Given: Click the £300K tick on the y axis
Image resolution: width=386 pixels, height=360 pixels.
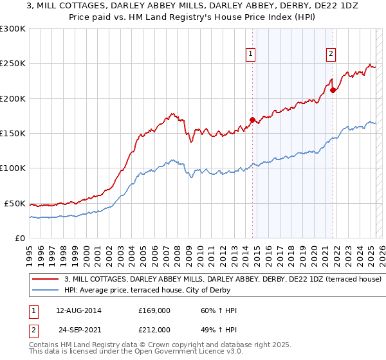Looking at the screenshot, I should click(x=13, y=29).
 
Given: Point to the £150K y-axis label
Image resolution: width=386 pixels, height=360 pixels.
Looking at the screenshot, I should click(x=13, y=134).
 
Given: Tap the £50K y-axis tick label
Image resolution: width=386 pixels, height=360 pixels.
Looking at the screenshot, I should click(x=15, y=203).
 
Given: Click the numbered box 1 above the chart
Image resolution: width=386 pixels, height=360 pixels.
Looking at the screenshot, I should click(x=250, y=54).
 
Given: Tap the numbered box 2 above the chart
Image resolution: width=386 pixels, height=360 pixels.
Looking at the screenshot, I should click(x=331, y=54).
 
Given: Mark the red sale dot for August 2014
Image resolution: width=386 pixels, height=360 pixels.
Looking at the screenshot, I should click(x=252, y=120).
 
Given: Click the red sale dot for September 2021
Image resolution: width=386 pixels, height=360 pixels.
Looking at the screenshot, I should click(x=333, y=90).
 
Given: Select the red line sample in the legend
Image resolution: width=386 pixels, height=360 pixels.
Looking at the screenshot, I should click(x=46, y=280).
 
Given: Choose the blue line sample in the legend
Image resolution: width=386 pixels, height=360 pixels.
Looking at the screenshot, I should click(x=46, y=291).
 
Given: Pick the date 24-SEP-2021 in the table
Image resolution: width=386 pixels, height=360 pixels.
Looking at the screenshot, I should click(x=78, y=329).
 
